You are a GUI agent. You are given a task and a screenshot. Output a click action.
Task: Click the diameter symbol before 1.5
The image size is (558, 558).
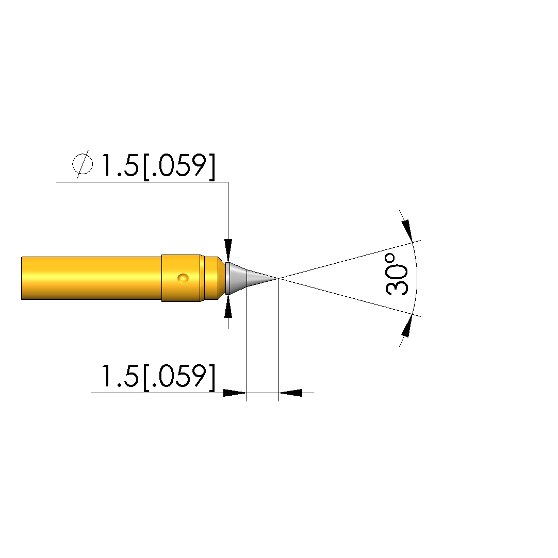(x=83, y=164)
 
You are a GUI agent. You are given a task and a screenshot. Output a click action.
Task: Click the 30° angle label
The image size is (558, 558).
(x=397, y=275)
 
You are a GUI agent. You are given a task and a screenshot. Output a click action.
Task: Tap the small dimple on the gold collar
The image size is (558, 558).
(x=183, y=278)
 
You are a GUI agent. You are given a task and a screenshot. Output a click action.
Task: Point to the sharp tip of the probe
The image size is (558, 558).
(x=278, y=278)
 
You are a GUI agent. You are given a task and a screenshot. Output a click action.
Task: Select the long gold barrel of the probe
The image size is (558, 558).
(x=91, y=278)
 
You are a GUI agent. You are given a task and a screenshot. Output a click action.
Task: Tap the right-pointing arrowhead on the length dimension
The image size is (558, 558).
(x=235, y=393)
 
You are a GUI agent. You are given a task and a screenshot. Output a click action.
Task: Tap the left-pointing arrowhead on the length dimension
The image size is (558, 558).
(x=290, y=393)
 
